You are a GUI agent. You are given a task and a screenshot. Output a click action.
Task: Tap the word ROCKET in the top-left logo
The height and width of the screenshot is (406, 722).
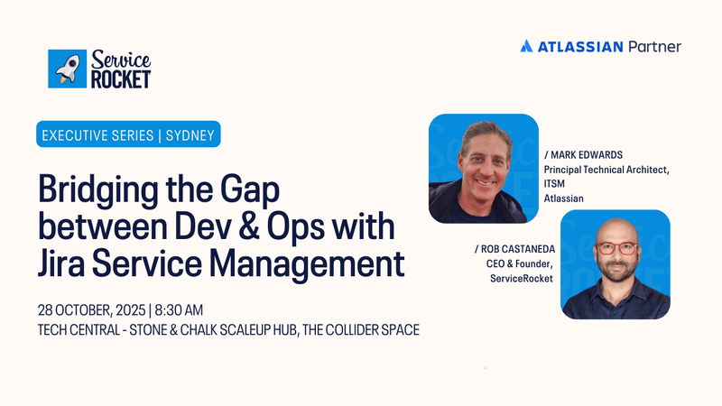pyautogui.click(x=120, y=79)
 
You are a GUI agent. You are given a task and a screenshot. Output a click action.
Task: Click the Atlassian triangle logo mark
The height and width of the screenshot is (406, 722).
pyautogui.click(x=527, y=47)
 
